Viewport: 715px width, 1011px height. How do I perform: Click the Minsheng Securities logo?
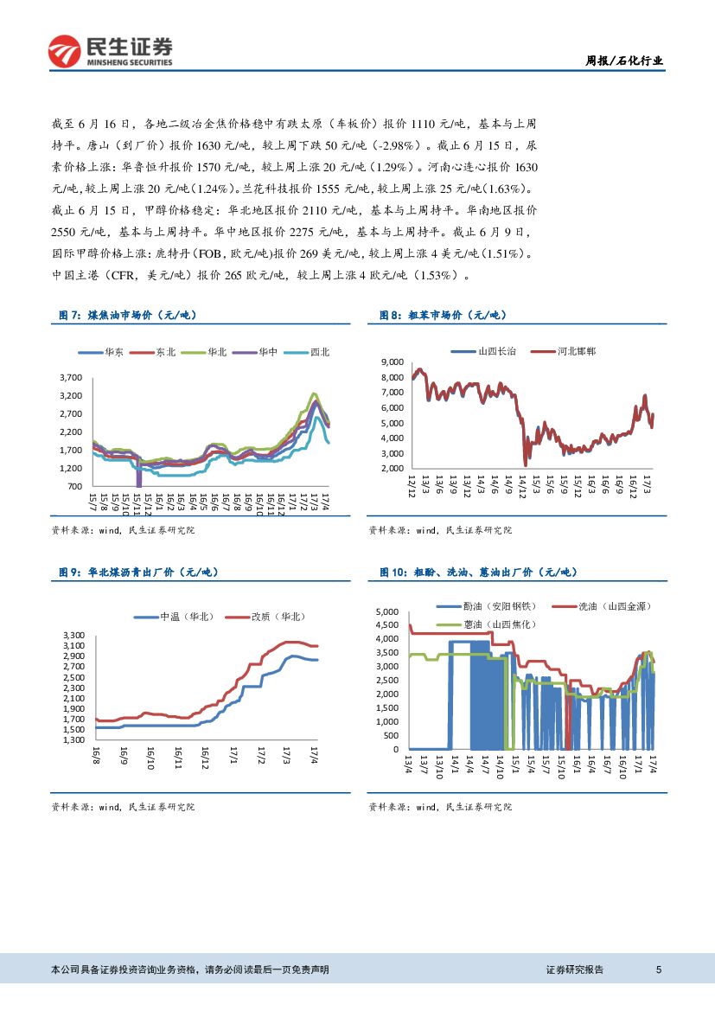click(x=111, y=51)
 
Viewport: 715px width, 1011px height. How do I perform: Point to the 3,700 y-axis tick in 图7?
click(x=72, y=378)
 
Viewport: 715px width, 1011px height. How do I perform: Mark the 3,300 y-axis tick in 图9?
click(x=73, y=636)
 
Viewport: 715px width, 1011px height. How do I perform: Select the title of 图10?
click(x=479, y=573)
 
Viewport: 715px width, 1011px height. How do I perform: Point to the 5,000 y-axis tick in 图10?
click(x=386, y=612)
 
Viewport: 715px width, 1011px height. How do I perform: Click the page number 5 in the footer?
click(x=659, y=970)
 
